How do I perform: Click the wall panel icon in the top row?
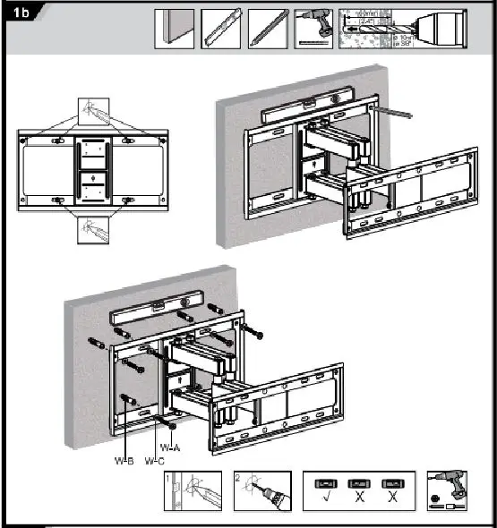tap(175, 28)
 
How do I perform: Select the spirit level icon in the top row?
tap(221, 28)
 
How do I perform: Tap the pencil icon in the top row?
tap(268, 28)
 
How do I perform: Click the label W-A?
tap(170, 447)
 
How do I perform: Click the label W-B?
tap(124, 461)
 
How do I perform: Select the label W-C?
tap(154, 461)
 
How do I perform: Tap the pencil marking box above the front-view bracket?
tap(92, 113)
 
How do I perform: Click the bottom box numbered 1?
tap(193, 491)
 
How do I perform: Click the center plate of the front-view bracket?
tap(92, 171)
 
